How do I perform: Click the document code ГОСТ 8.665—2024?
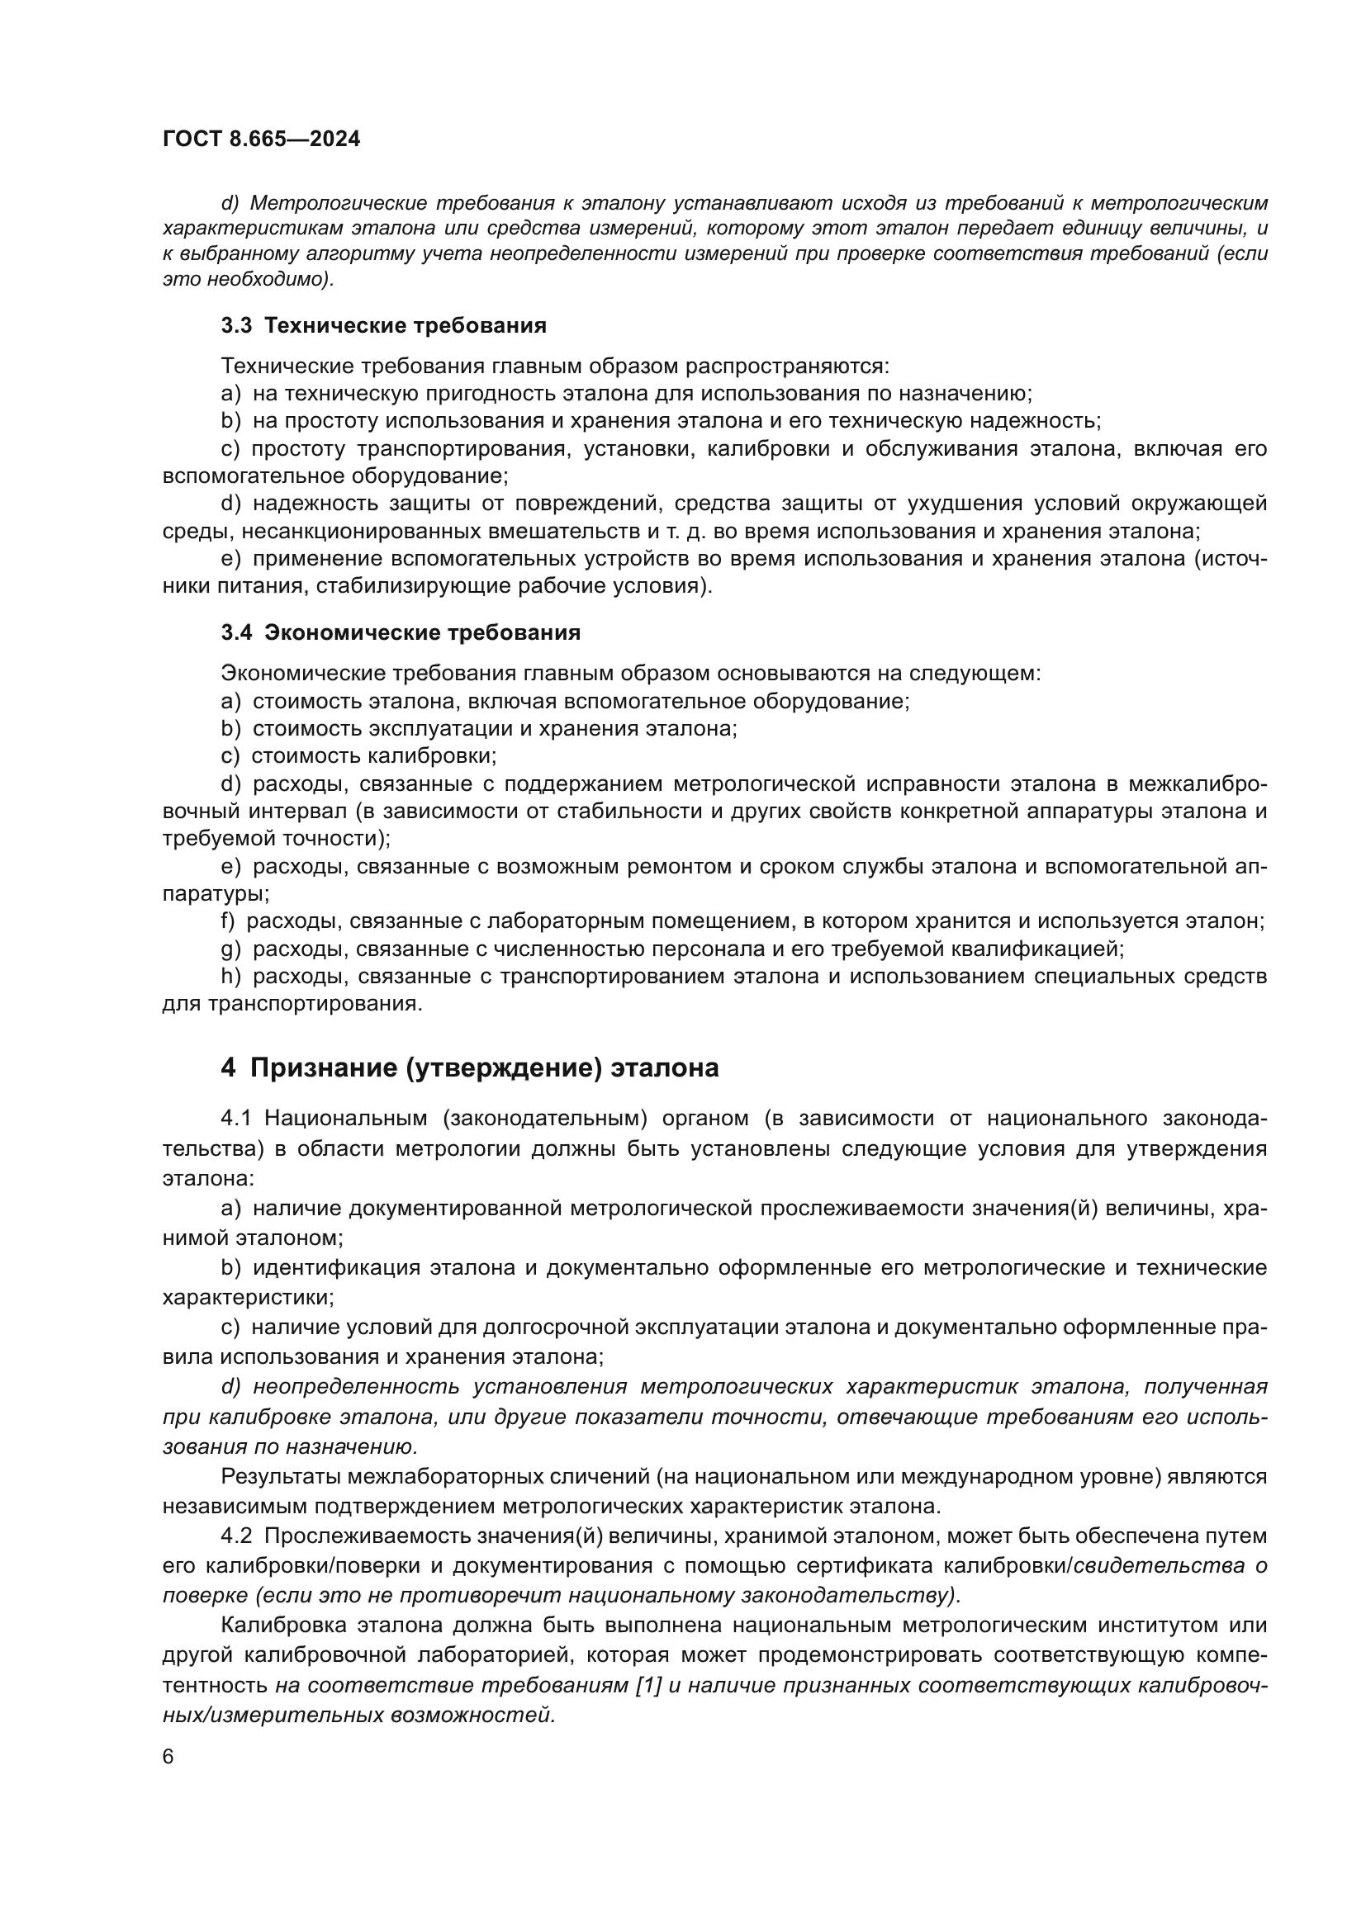(x=262, y=140)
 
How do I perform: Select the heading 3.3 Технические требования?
(x=383, y=325)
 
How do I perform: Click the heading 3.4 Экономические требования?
(x=401, y=632)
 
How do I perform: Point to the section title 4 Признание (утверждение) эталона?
(x=469, y=1068)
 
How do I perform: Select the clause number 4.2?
(x=236, y=1536)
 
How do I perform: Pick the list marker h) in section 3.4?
(x=230, y=977)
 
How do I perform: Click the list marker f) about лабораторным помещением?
(x=228, y=921)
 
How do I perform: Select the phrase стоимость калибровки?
(x=374, y=756)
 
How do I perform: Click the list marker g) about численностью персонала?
(x=230, y=949)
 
